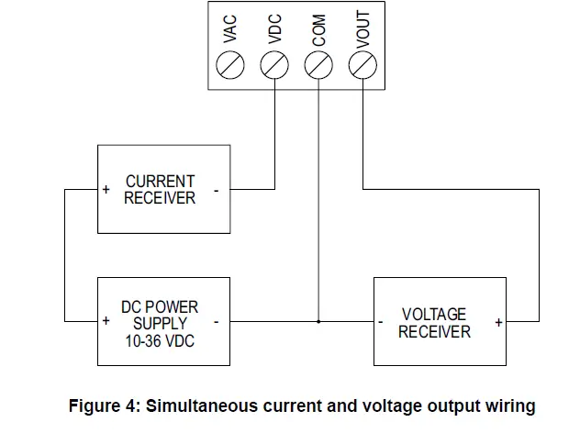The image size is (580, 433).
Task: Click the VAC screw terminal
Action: point(230,65)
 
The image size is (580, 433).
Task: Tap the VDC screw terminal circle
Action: point(274,65)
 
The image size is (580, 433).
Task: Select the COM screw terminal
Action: point(318,65)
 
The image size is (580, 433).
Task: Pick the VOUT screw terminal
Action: point(362,65)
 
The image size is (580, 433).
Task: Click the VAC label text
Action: point(230,28)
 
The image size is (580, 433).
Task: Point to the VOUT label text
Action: point(362,29)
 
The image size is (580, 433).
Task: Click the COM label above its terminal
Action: point(318,30)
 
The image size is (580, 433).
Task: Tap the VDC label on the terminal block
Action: point(274,28)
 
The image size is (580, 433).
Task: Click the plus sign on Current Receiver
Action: point(106,189)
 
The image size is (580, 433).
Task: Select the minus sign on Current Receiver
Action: point(216,191)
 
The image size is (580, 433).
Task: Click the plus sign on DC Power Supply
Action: point(106,320)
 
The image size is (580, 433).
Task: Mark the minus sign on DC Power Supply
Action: point(216,322)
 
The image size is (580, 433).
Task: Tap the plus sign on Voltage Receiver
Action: point(498,322)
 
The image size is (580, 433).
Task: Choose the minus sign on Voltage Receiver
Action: point(380,322)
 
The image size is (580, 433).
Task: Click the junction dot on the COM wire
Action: point(318,321)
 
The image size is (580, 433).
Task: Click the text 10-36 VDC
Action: point(160,341)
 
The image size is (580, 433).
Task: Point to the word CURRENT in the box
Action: point(161,182)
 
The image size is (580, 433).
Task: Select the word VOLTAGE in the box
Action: point(434,315)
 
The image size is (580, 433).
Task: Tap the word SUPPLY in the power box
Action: point(161,324)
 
